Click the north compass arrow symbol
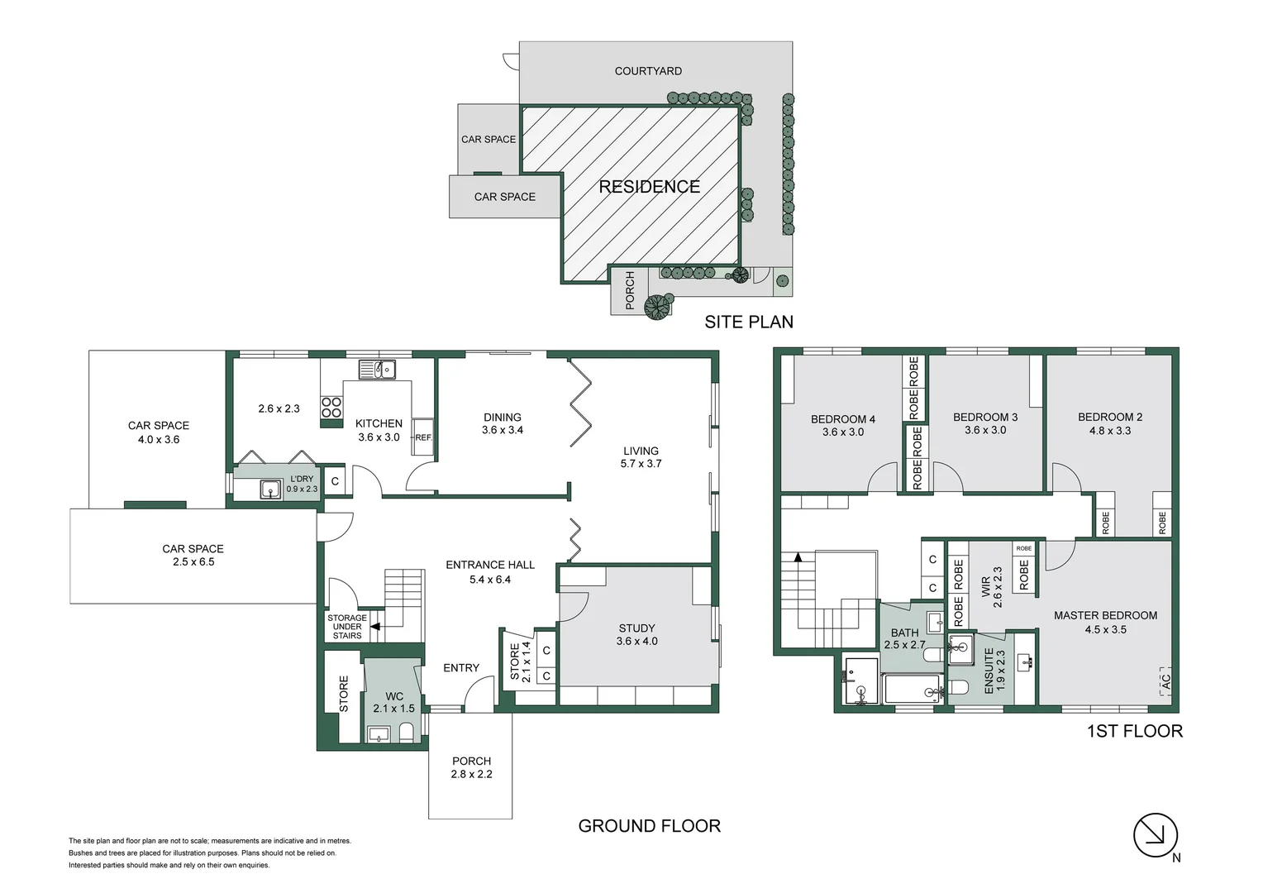pos(1155,835)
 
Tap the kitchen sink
pos(377,370)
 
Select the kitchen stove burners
pos(331,408)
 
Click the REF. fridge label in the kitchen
pos(423,437)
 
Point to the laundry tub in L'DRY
pos(271,489)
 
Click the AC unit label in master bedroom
pos(1165,682)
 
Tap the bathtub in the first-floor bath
pos(912,690)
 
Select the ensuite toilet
pos(957,688)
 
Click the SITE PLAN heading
pos(748,322)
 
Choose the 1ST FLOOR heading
pos(1134,731)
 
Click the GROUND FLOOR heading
pos(649,826)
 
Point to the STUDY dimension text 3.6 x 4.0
pos(636,642)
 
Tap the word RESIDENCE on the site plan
pos(649,187)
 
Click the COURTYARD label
pos(648,71)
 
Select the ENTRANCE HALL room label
pos(490,565)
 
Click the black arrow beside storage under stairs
pos(374,627)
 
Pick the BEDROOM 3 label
pos(985,418)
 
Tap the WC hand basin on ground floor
pos(379,733)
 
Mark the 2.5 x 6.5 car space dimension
pos(193,562)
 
